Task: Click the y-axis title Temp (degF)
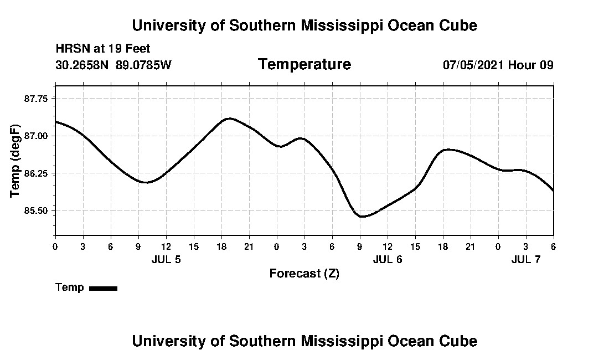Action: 15,161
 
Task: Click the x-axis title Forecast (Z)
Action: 304,274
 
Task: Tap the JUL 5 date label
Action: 166,259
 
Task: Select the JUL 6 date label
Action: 388,259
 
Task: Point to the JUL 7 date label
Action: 526,259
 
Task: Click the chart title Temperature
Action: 304,64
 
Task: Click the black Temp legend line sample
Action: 104,288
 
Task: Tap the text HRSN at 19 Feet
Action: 103,49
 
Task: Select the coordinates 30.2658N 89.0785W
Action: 113,65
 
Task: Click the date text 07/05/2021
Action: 473,65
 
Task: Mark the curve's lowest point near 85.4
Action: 362,217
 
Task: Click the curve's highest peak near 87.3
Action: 230,118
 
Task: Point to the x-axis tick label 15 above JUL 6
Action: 415,246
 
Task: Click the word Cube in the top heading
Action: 458,25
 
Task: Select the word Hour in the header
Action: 522,65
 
